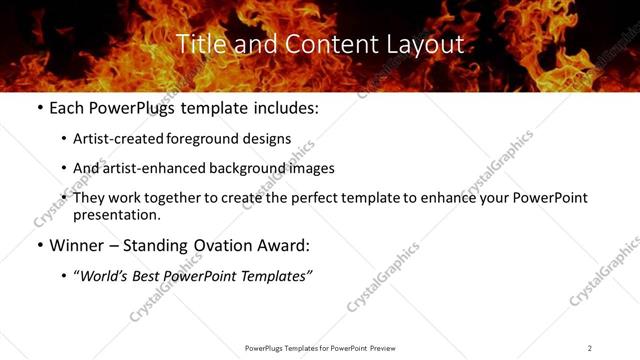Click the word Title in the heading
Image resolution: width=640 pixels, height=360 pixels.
click(x=199, y=45)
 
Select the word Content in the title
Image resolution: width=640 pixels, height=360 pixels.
click(x=306, y=45)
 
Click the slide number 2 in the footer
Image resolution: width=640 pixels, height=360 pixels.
click(x=590, y=348)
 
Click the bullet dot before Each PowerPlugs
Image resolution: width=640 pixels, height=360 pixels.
click(x=39, y=107)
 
